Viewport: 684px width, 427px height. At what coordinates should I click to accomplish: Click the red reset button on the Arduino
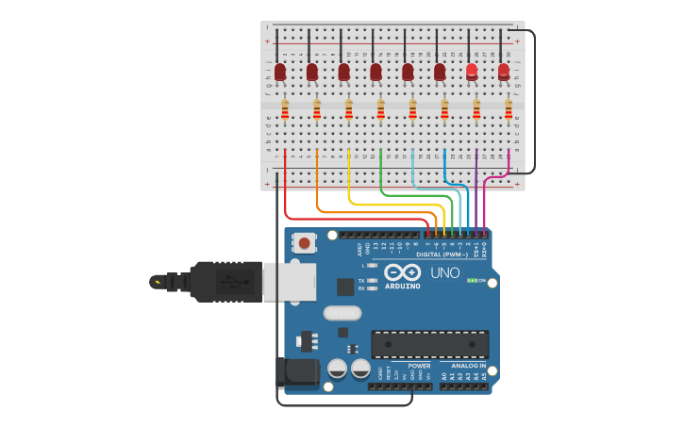(304, 243)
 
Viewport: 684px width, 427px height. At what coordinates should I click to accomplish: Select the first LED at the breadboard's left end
(280, 72)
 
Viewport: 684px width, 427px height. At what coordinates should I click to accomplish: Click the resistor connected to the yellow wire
(348, 110)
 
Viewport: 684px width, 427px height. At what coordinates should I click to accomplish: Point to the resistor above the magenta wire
(509, 110)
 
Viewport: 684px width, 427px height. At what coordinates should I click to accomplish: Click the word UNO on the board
(445, 273)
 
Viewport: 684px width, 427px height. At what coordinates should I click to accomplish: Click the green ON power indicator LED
(472, 281)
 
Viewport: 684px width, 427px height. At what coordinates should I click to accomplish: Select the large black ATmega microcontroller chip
(429, 344)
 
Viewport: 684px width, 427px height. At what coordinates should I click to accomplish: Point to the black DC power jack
(300, 373)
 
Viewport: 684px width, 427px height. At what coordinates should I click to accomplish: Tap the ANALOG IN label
(468, 366)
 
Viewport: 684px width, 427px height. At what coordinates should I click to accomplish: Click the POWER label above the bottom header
(419, 366)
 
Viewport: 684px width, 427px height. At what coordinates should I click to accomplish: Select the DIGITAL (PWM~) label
(442, 255)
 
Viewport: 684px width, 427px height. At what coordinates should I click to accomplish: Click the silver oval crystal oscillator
(342, 313)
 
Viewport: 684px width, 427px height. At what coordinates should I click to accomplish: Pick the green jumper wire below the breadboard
(415, 195)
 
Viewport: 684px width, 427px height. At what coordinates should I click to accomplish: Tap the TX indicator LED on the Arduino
(373, 281)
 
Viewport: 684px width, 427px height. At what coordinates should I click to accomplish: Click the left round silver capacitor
(337, 369)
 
